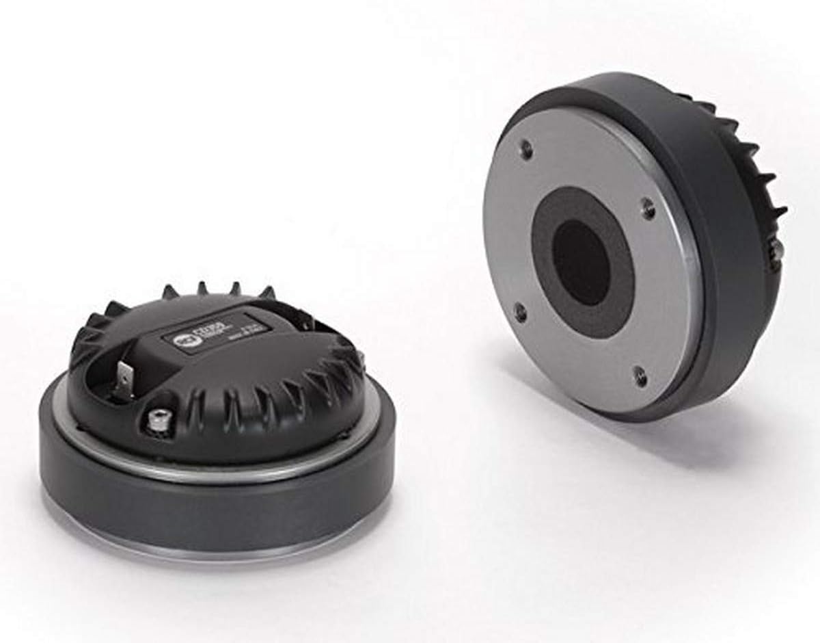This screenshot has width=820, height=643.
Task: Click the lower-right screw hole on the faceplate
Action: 640,376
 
